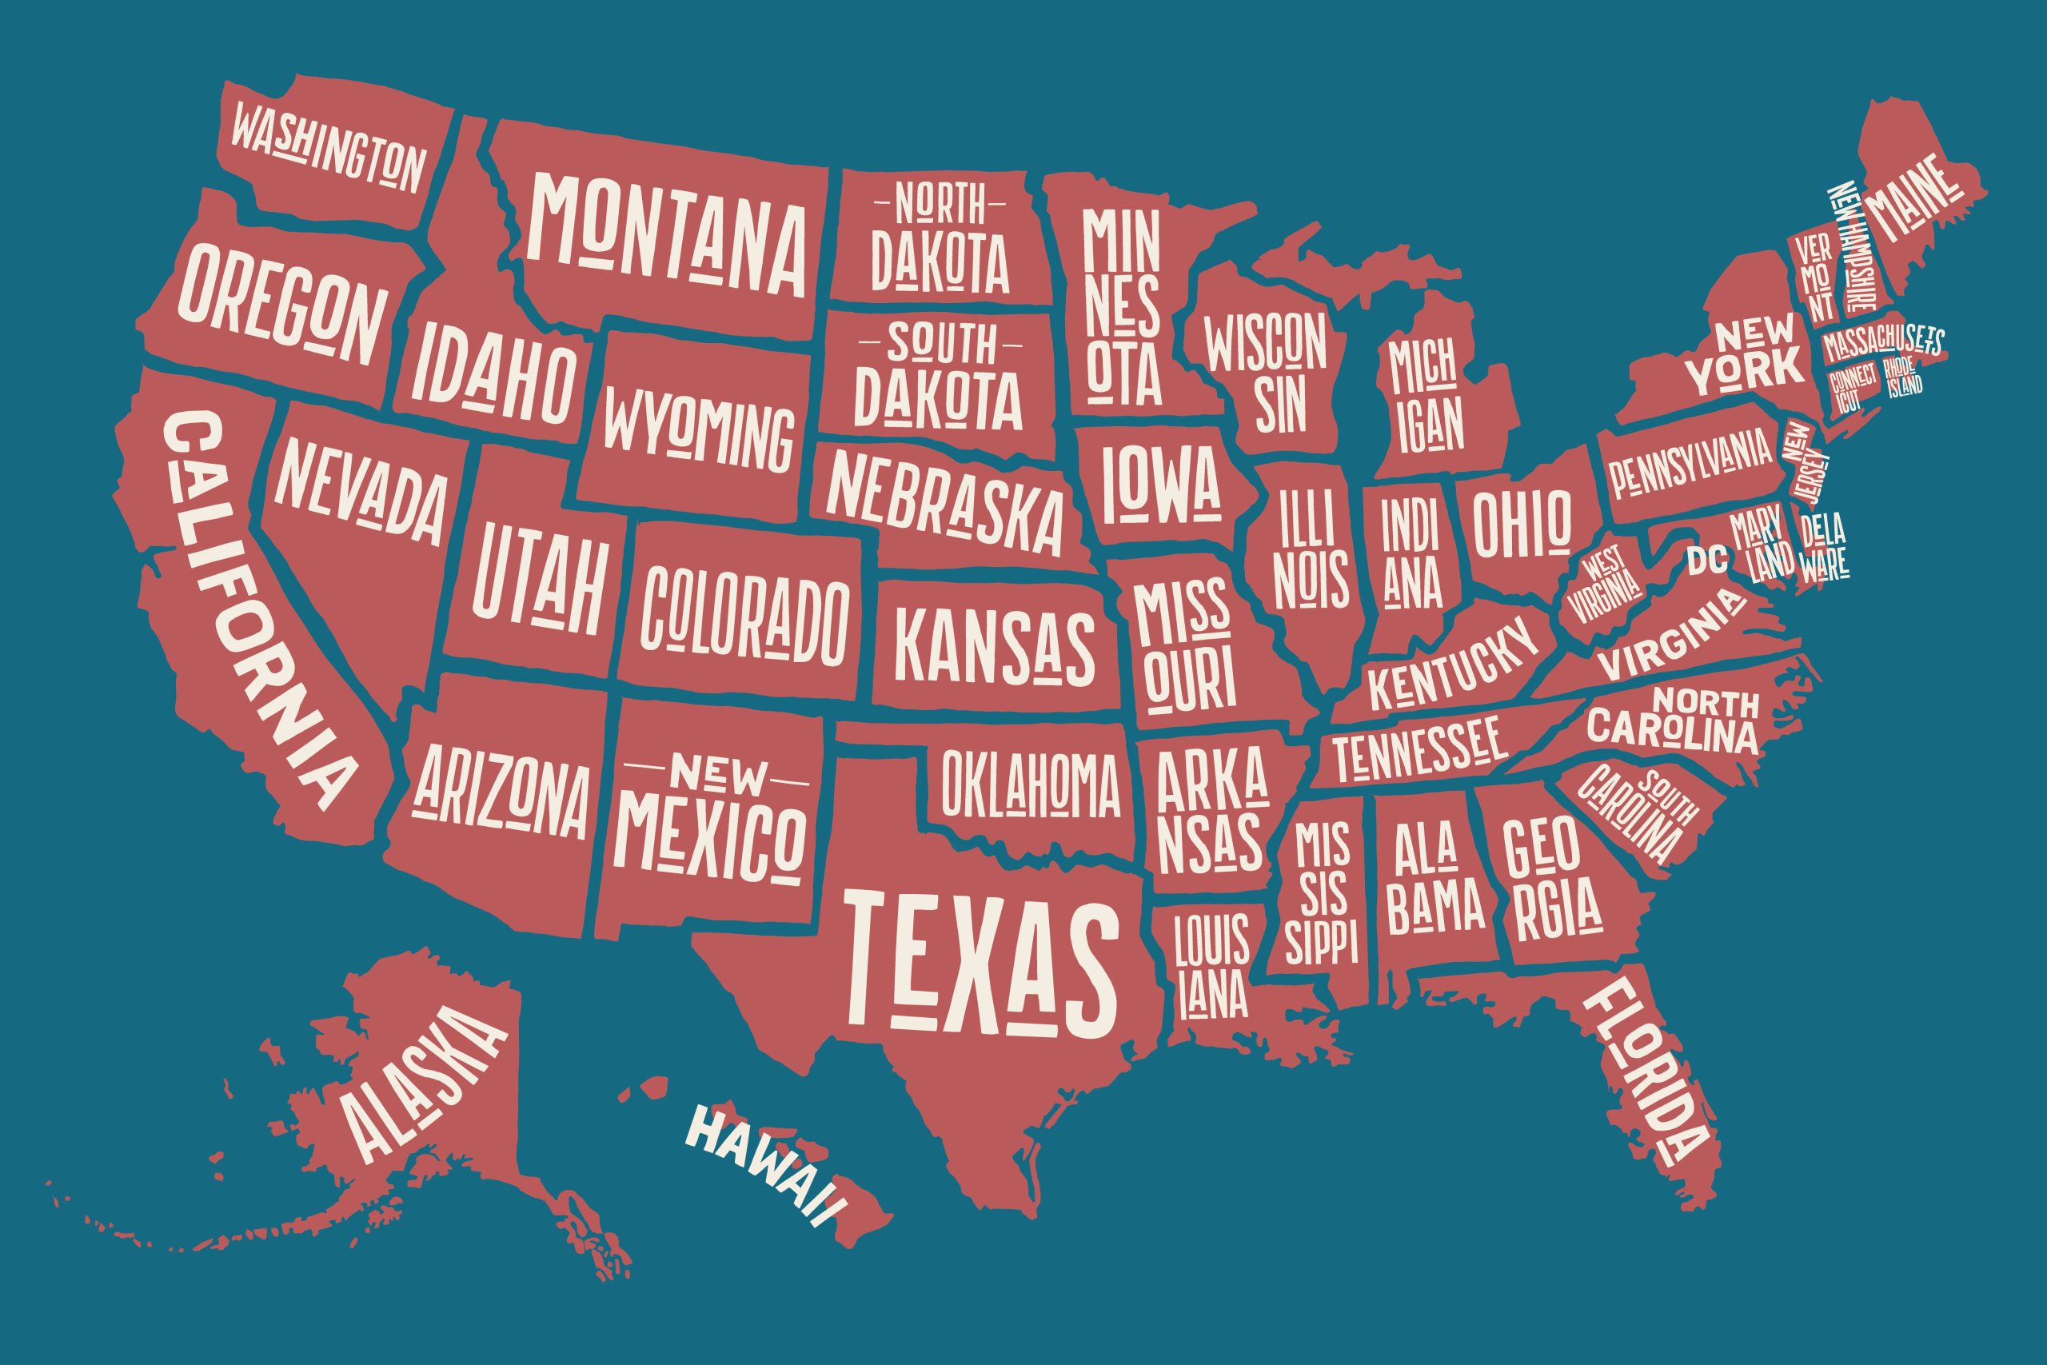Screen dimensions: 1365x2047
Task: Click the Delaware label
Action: click(x=1823, y=547)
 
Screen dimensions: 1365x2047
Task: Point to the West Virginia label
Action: click(x=1604, y=587)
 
